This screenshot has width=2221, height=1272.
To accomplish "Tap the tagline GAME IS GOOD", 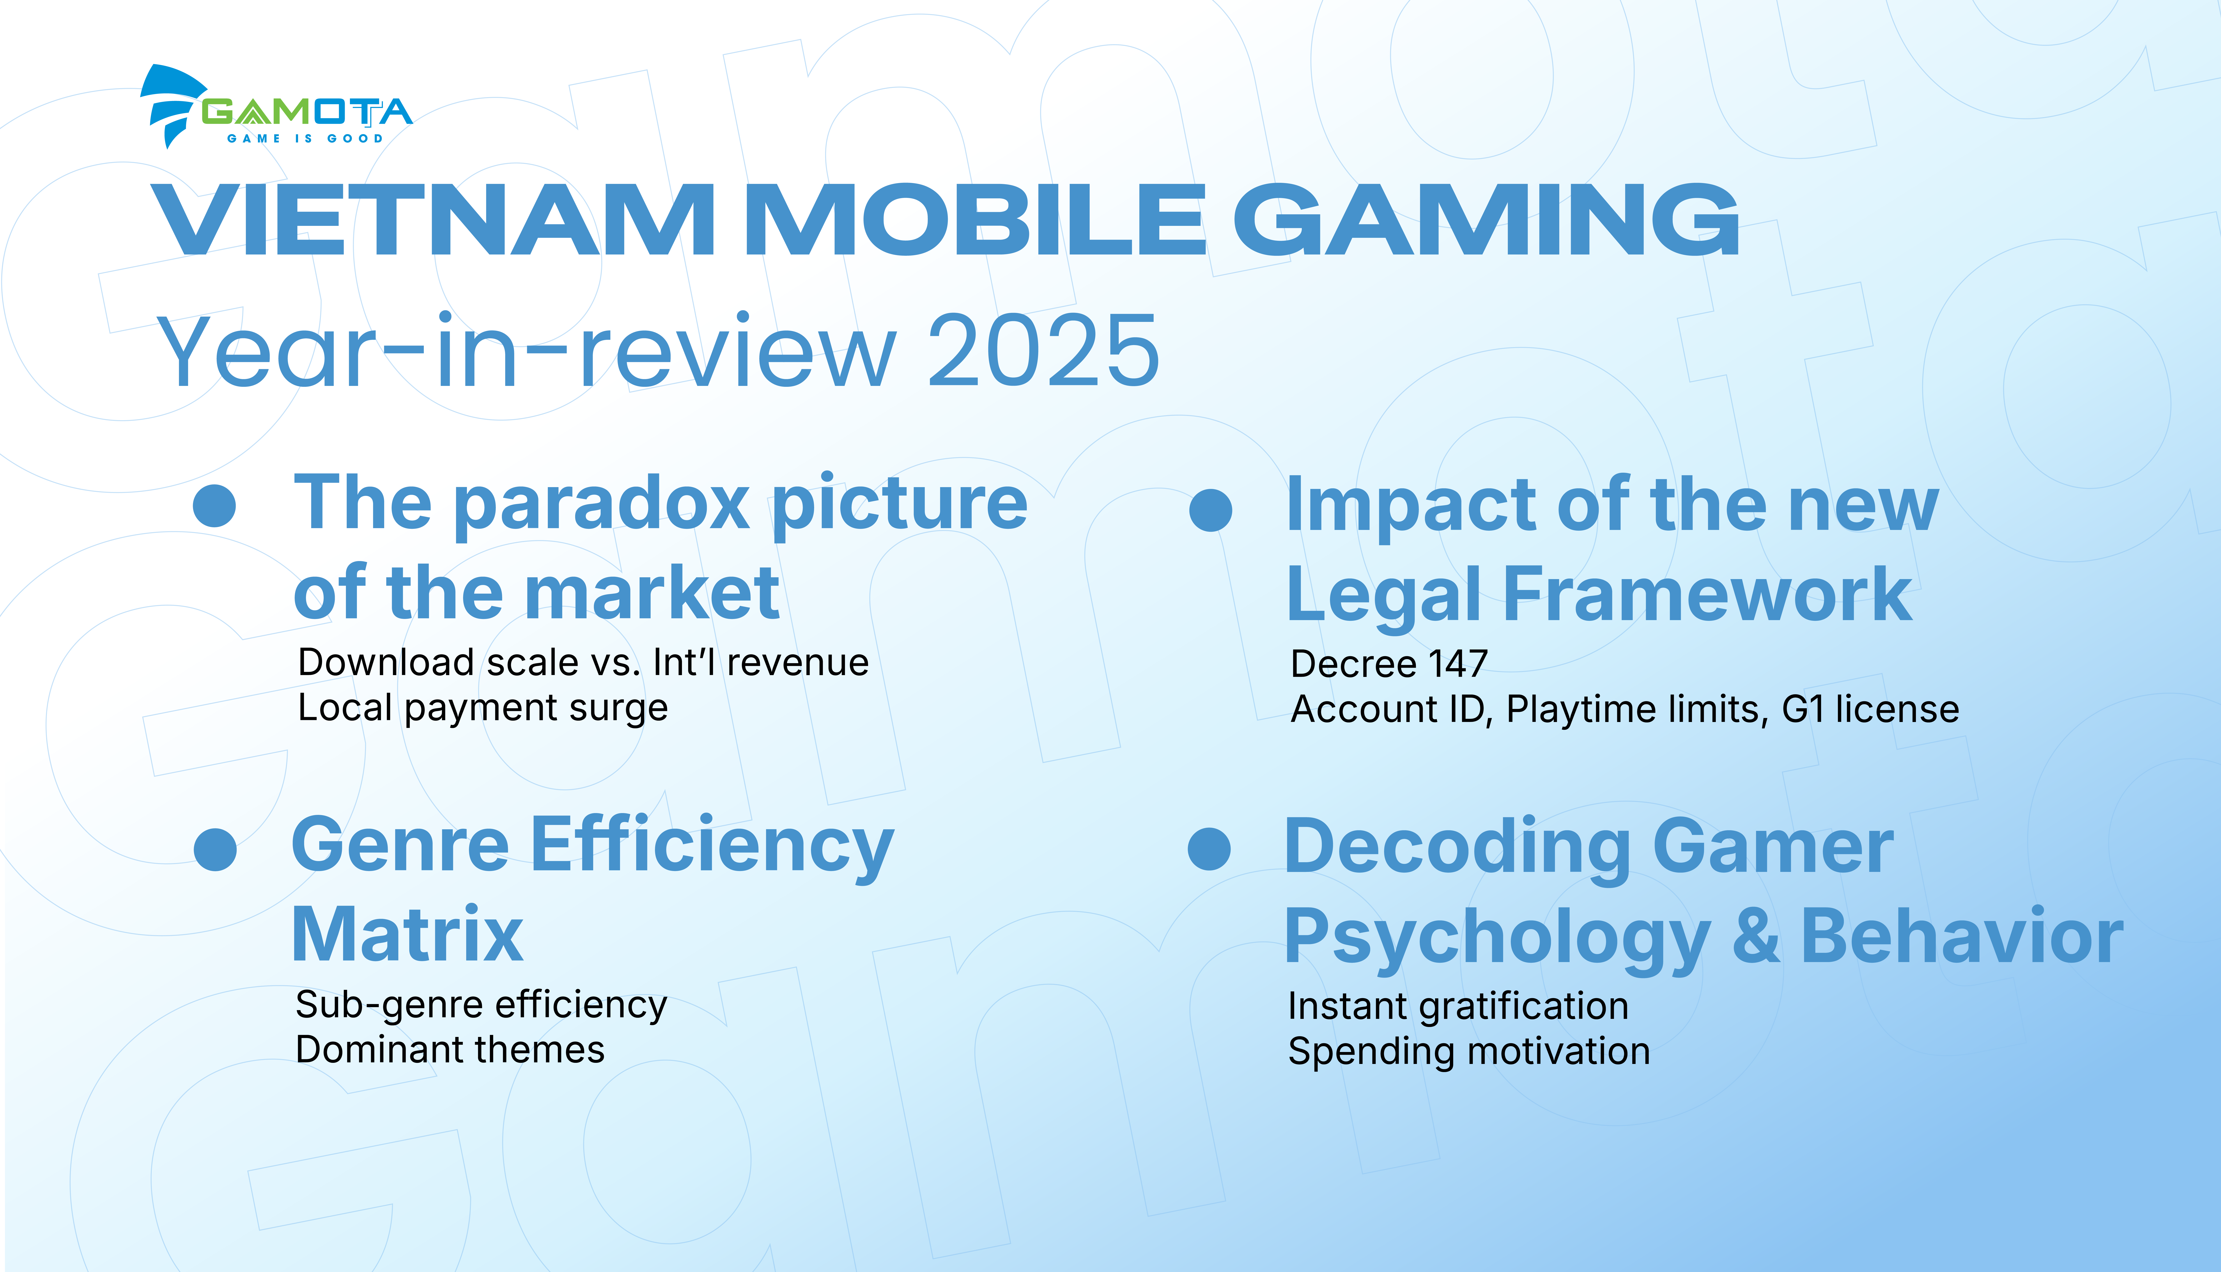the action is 305,138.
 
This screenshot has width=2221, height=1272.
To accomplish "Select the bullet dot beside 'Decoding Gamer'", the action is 1209,848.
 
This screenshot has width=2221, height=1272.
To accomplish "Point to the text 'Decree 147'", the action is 1388,664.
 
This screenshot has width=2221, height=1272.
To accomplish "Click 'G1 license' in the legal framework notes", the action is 1871,709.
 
